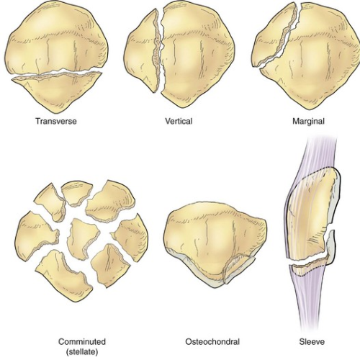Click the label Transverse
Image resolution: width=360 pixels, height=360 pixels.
tap(56, 121)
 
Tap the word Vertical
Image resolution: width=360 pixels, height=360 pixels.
tap(179, 121)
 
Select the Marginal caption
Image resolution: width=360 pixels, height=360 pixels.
tap(308, 121)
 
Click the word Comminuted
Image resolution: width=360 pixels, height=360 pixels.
tap(82, 341)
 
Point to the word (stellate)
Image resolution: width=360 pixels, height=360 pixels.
tap(82, 352)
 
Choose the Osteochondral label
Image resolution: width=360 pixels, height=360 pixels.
tap(212, 341)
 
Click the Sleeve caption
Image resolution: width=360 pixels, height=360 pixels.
tap(312, 341)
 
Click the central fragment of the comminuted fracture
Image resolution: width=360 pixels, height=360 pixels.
tap(82, 238)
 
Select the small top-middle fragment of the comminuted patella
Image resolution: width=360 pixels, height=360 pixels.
tap(76, 192)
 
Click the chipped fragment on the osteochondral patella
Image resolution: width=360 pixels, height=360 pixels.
tap(238, 268)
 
